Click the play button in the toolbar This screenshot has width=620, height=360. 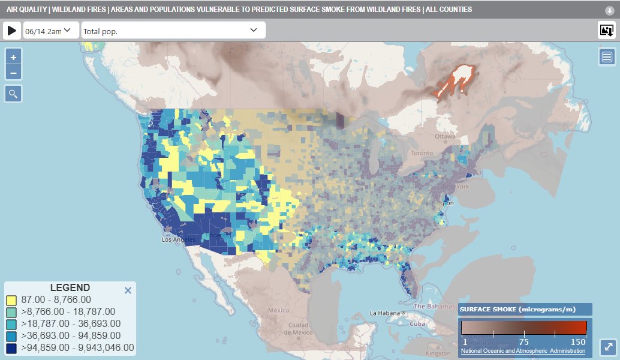click(x=12, y=31)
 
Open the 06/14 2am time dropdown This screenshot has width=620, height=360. click(x=50, y=31)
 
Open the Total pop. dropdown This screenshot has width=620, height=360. click(x=173, y=31)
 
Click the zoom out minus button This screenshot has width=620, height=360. click(x=13, y=73)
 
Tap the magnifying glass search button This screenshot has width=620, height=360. click(x=13, y=94)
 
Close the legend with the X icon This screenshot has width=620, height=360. click(x=127, y=290)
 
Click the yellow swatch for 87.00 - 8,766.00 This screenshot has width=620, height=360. click(x=11, y=300)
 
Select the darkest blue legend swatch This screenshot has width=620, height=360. click(x=11, y=347)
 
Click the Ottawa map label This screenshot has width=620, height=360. click(x=446, y=136)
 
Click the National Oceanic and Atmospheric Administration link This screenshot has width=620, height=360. click(x=523, y=350)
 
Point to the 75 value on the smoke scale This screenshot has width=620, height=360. click(x=523, y=341)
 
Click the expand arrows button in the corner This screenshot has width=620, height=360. click(x=608, y=347)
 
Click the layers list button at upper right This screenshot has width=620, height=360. click(x=607, y=57)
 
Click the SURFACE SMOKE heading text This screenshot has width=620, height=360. click(x=517, y=309)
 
